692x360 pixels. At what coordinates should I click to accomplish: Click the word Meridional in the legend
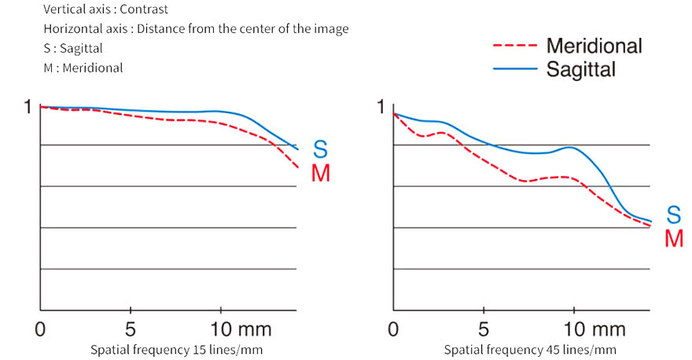click(x=594, y=46)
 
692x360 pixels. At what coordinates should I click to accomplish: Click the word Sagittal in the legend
click(x=580, y=69)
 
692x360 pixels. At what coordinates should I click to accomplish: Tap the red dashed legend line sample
click(x=515, y=46)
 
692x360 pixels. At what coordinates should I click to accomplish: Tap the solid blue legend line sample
click(x=515, y=69)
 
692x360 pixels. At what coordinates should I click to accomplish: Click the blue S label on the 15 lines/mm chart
click(x=320, y=149)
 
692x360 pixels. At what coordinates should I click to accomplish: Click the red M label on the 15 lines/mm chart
click(x=320, y=173)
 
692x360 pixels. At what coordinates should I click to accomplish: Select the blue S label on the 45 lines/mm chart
click(x=673, y=213)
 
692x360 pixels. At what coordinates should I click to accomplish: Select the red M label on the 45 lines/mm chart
click(x=673, y=237)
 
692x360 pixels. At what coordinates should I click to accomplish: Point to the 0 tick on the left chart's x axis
click(x=40, y=327)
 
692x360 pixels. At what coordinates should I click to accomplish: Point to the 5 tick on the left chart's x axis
click(x=131, y=327)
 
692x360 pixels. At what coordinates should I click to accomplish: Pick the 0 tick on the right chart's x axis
click(x=393, y=327)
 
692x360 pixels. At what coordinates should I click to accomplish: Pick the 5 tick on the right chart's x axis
click(x=484, y=327)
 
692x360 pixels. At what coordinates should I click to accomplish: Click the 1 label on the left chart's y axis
click(x=28, y=108)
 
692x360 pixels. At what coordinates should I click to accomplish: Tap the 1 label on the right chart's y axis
click(x=382, y=108)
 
